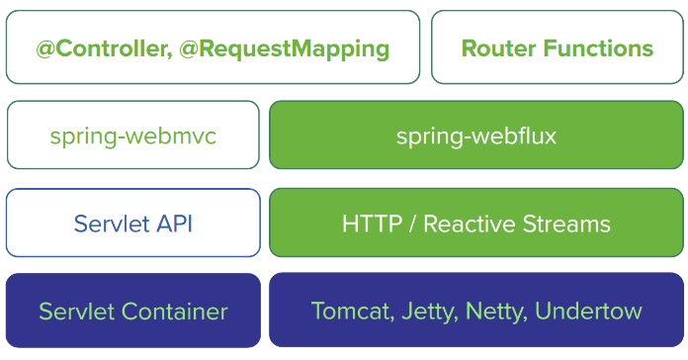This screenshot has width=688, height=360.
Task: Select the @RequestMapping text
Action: pos(286,47)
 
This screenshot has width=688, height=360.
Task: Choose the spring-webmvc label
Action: pos(132,135)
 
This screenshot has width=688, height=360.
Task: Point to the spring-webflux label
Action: pos(476,135)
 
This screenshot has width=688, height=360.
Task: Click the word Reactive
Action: pos(470,224)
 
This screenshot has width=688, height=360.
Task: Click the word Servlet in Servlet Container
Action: pos(74,312)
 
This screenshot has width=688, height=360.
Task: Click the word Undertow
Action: pos(588,312)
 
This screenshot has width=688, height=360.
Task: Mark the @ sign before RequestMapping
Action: pos(190,47)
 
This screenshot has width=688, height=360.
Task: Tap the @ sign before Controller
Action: pos(44,47)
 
